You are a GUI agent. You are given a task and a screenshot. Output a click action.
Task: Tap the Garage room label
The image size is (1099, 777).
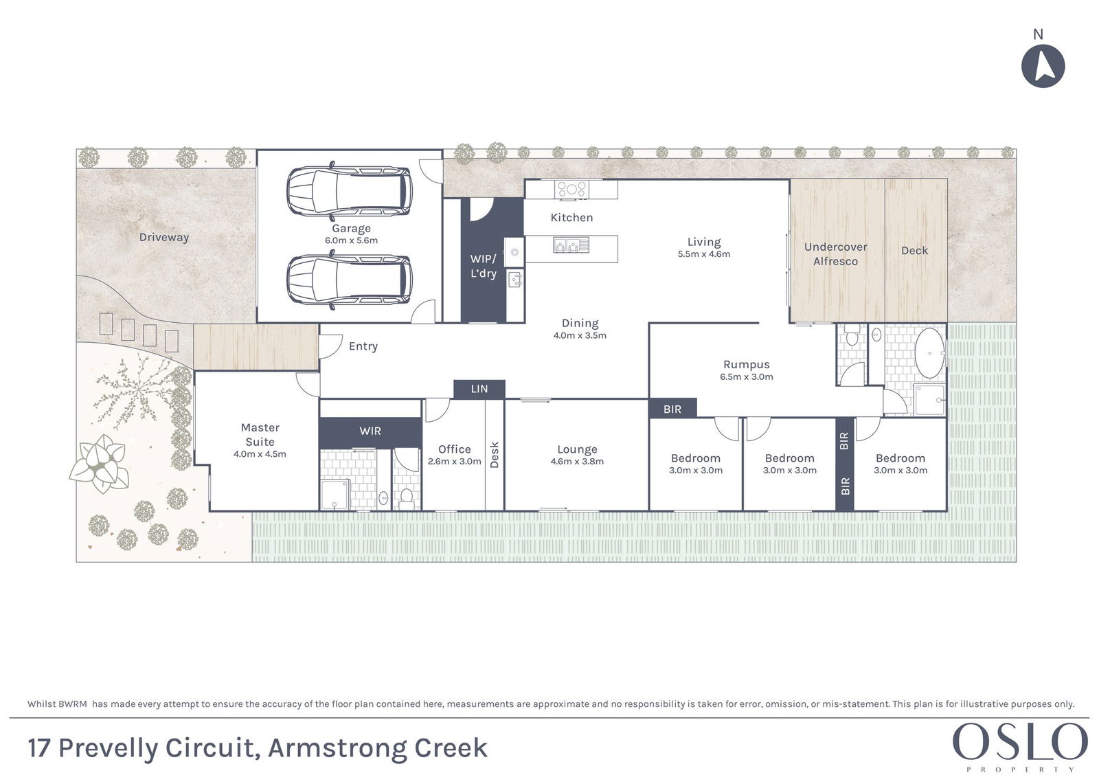click(351, 228)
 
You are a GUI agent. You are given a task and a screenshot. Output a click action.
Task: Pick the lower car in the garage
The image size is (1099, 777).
click(350, 280)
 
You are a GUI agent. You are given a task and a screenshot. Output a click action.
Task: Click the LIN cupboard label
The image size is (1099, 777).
click(479, 390)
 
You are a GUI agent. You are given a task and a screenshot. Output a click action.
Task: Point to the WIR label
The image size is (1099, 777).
click(370, 431)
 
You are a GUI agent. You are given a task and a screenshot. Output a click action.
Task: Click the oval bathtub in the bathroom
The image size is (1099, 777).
click(929, 353)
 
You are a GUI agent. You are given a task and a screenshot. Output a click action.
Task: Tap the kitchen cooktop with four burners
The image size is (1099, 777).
click(571, 189)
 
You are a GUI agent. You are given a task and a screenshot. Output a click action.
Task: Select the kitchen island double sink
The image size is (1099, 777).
click(571, 245)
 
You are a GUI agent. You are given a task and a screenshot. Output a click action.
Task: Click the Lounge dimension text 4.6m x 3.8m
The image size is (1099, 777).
click(577, 462)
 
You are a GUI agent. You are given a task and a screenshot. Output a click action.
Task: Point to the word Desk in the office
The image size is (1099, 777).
click(494, 455)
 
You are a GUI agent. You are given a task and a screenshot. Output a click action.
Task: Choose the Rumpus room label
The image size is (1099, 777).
click(746, 365)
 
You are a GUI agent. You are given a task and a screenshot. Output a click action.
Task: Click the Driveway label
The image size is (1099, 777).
click(164, 238)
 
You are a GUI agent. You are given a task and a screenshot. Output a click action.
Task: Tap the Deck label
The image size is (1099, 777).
click(914, 251)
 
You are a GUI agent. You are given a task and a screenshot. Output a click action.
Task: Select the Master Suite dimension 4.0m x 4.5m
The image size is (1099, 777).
click(260, 454)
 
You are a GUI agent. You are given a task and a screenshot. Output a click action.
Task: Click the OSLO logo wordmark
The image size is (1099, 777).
click(1021, 742)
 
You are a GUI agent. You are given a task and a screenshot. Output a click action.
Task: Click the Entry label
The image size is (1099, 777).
click(363, 346)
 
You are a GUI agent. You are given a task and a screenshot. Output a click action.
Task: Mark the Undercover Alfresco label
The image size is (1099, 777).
click(835, 254)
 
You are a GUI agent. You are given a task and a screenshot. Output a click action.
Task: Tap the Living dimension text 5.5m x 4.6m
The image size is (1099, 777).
click(704, 254)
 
